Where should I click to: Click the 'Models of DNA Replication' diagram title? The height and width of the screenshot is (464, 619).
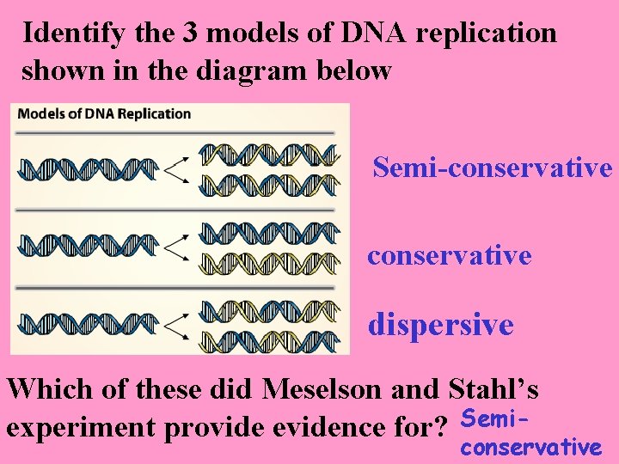pos(104,114)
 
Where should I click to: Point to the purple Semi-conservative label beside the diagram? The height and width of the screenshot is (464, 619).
pos(492,167)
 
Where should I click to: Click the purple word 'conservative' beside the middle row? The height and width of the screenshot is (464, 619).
pos(449,255)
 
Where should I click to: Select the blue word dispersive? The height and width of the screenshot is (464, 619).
pos(440,325)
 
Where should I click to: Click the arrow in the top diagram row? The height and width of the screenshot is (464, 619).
pos(175,168)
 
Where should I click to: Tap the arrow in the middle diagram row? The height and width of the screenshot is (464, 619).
pos(175,247)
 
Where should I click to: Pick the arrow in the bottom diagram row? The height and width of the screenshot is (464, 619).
pos(175,323)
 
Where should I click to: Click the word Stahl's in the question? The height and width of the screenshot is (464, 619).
pos(493,390)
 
